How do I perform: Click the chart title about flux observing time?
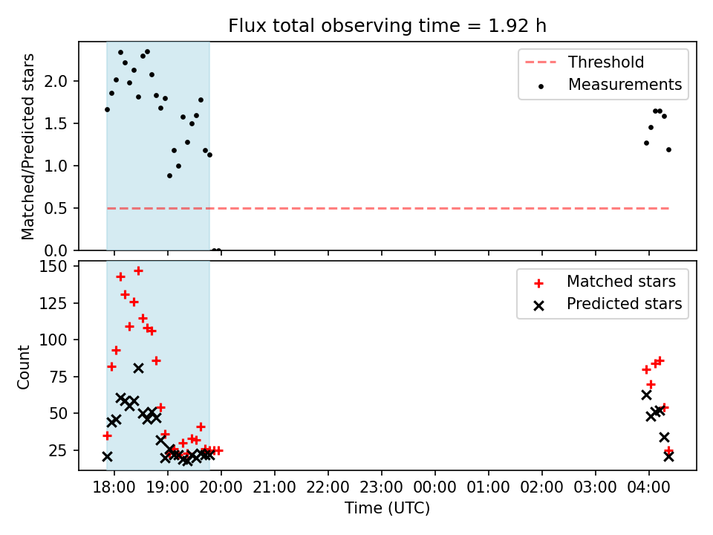click(387, 26)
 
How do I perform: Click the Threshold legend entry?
click(585, 62)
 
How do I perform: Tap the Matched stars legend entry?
click(605, 282)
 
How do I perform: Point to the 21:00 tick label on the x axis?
click(275, 487)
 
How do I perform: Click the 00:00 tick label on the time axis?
click(434, 487)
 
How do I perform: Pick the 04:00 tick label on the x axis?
click(648, 487)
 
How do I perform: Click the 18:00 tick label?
click(114, 487)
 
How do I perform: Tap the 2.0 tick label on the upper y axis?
click(56, 82)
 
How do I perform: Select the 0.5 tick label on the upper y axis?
click(56, 208)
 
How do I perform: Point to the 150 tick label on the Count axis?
click(53, 266)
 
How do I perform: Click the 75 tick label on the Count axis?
click(58, 377)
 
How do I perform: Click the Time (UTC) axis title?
click(387, 508)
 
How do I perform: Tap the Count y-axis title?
click(24, 367)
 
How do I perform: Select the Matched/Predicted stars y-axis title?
click(27, 146)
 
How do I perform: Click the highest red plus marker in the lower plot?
click(138, 271)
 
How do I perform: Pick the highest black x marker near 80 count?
click(138, 369)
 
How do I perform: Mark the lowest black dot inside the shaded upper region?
click(169, 175)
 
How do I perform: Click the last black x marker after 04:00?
click(668, 457)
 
